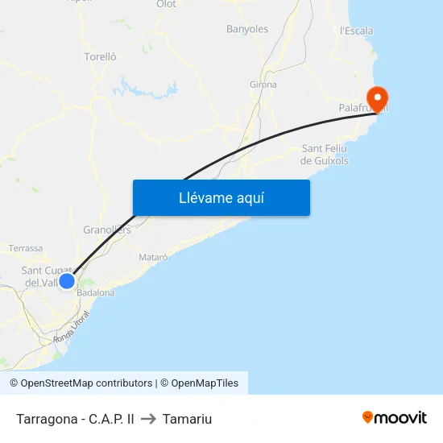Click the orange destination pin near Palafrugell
coord(376,98)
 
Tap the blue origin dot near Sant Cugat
coord(67,280)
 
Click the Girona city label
coord(263,85)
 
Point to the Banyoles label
coord(247,29)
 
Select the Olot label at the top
coord(166,4)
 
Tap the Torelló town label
coord(101,57)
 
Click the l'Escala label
coord(357,31)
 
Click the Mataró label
coord(153,257)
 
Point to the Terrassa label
coord(26,248)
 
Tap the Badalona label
coord(96,293)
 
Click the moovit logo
coord(395,418)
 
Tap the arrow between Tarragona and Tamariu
coord(148,419)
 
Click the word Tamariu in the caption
coord(187,419)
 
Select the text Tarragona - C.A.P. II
coord(75,419)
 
